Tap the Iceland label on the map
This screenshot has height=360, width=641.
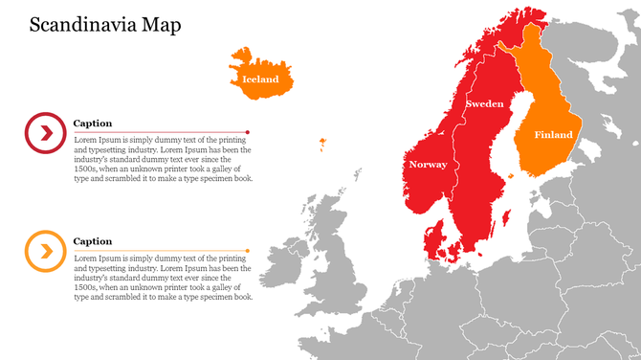260,79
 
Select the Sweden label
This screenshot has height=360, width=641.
484,103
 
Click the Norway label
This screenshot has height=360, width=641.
428,165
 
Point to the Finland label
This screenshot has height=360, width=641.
553,135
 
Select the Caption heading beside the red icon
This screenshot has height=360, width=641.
93,124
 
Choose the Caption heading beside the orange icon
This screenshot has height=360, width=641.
93,241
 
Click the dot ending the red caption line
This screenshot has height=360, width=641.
248,132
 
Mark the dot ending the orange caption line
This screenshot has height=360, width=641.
248,251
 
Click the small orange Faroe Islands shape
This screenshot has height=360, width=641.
320,145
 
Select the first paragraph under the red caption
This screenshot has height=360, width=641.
163,159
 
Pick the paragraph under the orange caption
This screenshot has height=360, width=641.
163,278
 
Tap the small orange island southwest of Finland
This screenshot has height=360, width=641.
512,175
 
